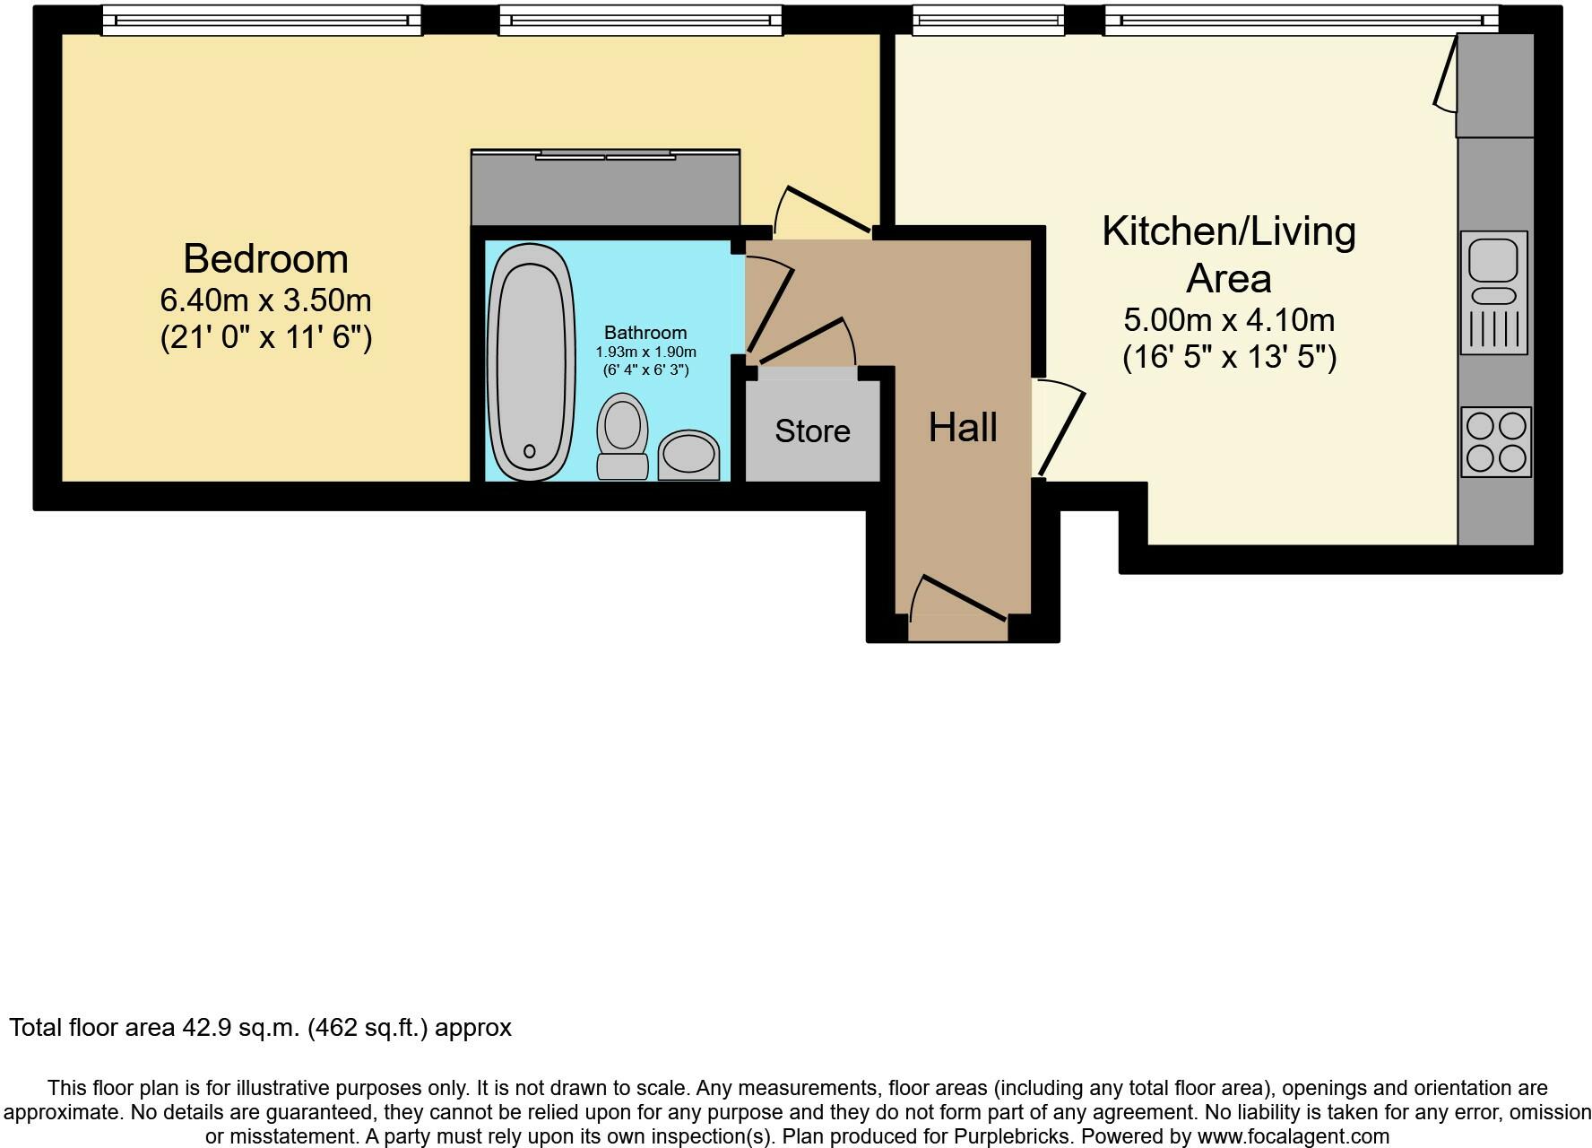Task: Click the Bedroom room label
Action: point(265,258)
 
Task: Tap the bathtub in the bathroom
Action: point(530,361)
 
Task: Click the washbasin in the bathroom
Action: point(688,455)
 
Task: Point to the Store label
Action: point(812,431)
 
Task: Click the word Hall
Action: point(963,428)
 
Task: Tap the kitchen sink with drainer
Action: point(1493,292)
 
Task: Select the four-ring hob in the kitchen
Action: point(1496,442)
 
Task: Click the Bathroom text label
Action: point(645,333)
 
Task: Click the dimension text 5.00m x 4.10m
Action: point(1229,319)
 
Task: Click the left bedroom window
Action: point(261,21)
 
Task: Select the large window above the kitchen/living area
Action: point(1301,21)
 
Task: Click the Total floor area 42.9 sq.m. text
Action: point(260,1027)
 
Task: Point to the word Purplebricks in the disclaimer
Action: point(1008,1136)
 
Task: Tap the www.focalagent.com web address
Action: point(1293,1136)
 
